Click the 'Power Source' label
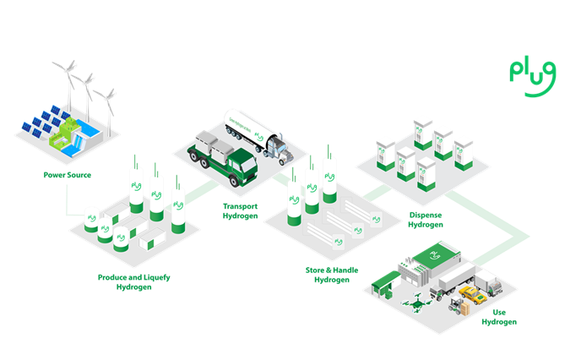(x=68, y=176)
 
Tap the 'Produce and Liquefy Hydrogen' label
(x=134, y=281)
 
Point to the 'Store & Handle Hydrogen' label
(x=331, y=274)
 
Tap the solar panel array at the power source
(x=38, y=125)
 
